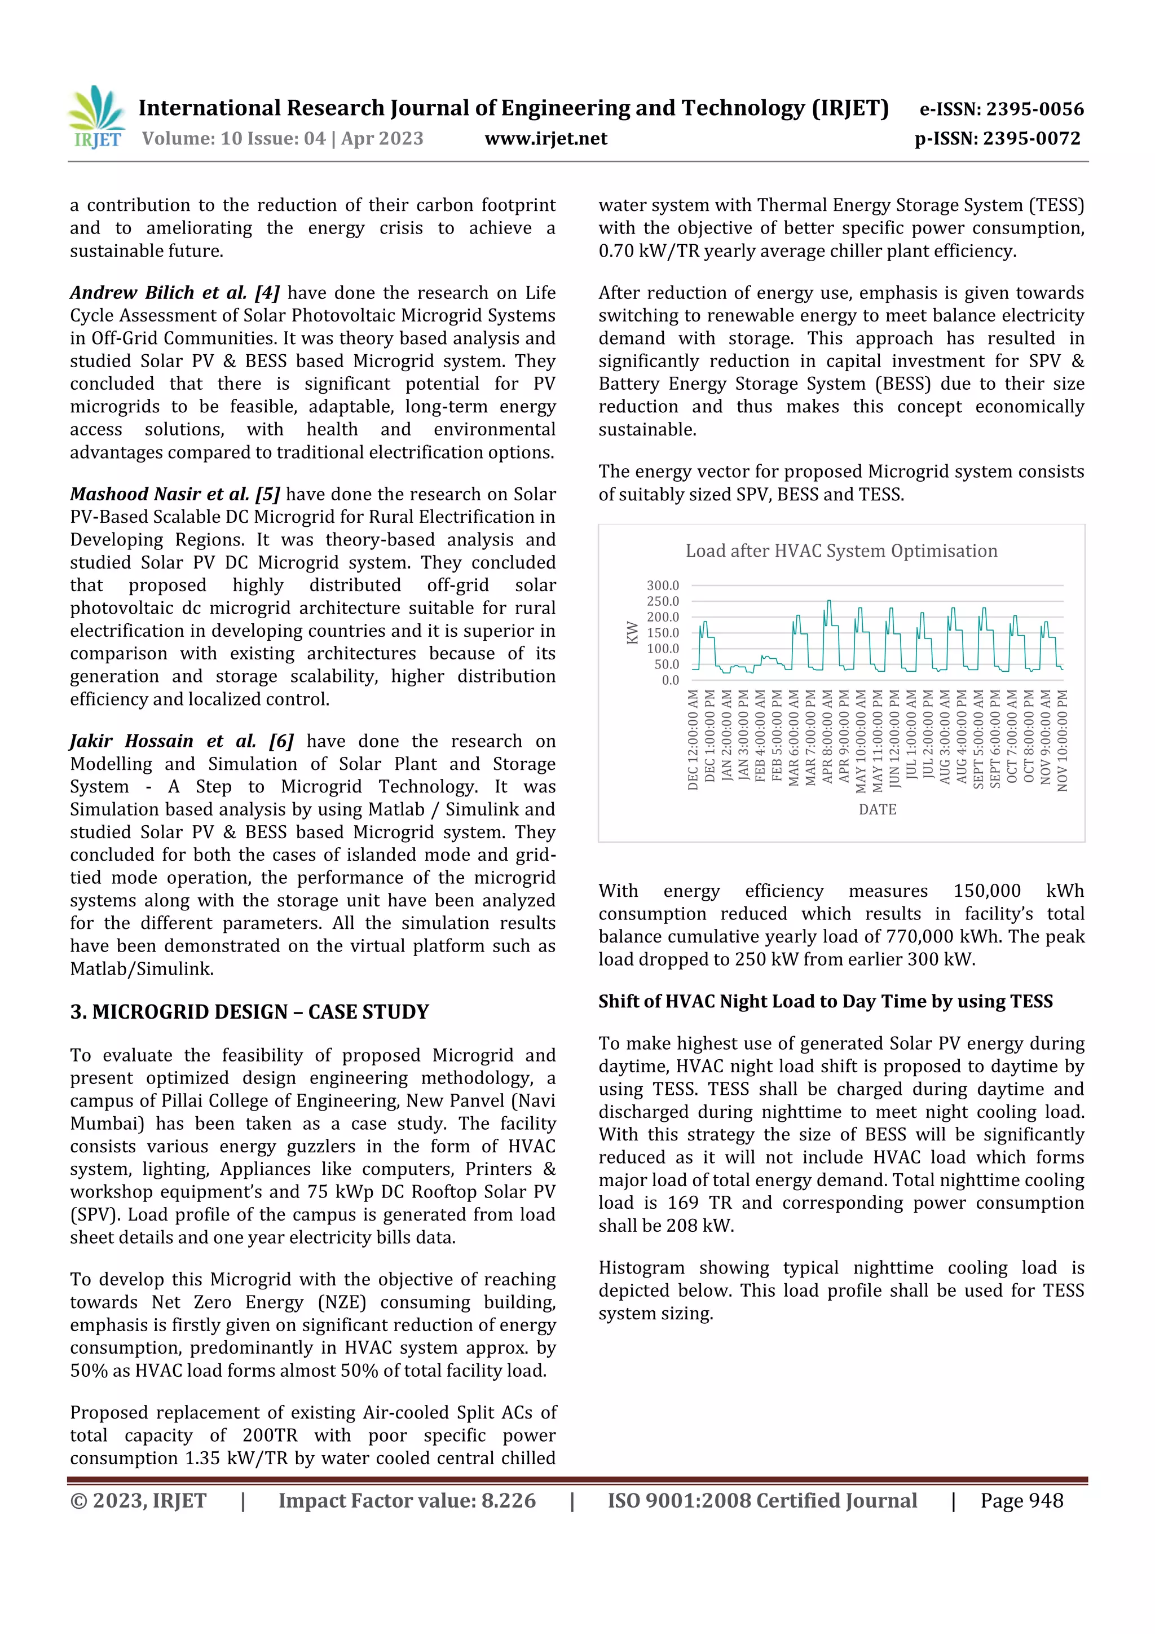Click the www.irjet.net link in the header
pos(546,139)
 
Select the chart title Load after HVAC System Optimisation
pos(841,551)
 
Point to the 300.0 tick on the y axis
pos(663,585)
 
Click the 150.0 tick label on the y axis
pos(663,633)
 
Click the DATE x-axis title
pos(877,809)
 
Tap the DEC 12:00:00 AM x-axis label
pos(693,739)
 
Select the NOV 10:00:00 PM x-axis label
pos(1063,740)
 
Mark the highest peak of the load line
pos(828,601)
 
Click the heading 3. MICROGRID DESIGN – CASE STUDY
pos(250,1012)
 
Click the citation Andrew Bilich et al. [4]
pos(174,293)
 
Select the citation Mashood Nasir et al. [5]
pos(174,495)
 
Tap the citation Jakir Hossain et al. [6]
pos(182,742)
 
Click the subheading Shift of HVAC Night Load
pos(826,1001)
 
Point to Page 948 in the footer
pos(1022,1501)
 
